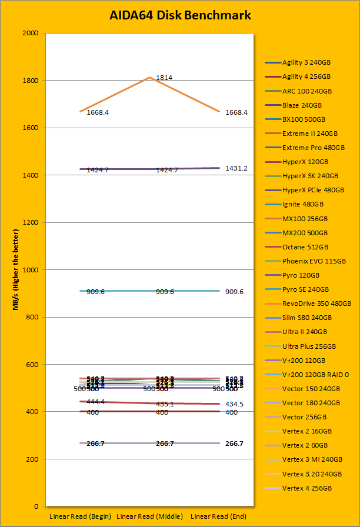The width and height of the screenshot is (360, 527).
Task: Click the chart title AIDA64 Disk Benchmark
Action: (x=180, y=16)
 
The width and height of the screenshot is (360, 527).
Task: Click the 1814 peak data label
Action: (x=164, y=78)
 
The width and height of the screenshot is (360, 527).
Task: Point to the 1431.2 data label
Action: (x=236, y=168)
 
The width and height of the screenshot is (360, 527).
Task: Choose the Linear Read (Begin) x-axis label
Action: (x=80, y=515)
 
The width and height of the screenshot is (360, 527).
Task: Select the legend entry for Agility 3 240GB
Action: (x=306, y=62)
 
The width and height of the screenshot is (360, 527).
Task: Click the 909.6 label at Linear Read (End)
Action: (x=234, y=292)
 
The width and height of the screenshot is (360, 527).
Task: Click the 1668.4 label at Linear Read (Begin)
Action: (x=98, y=112)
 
